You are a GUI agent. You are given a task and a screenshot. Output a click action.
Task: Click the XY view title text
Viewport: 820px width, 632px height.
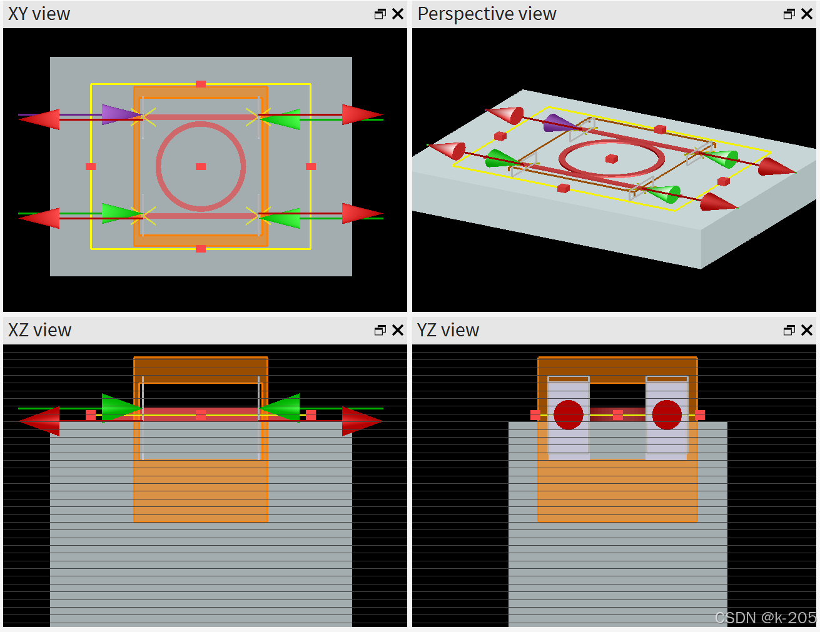pos(39,14)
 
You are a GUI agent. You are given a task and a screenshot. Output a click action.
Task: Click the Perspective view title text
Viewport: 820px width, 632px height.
pos(487,14)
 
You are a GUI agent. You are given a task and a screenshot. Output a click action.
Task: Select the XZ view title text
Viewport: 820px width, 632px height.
pos(39,330)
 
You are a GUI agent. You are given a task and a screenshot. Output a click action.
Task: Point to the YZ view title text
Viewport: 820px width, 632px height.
pos(448,330)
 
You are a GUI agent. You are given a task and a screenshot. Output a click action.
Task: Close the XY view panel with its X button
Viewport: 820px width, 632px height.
pos(398,14)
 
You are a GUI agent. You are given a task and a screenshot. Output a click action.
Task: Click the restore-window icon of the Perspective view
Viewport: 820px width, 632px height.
pos(789,14)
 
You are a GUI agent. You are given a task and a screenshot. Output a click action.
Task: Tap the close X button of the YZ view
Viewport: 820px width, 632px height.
pos(807,330)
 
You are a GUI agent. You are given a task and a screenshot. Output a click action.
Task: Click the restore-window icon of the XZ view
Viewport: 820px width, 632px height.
pos(380,330)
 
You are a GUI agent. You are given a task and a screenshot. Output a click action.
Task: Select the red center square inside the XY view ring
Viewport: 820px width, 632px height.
pos(201,167)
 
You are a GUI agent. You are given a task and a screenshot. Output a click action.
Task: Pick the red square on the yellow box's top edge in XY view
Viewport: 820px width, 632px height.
pos(201,84)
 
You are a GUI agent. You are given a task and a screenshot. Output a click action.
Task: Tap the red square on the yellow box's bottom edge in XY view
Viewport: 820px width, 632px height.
pos(201,249)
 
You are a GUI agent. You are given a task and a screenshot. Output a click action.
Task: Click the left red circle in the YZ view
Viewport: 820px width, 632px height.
pos(569,415)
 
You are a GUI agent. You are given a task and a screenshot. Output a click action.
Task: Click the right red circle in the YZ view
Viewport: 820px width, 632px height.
pos(667,415)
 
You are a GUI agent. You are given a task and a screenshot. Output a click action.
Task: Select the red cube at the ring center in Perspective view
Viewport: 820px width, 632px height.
pos(612,159)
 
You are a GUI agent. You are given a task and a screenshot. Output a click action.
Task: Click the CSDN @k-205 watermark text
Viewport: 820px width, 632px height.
pos(766,618)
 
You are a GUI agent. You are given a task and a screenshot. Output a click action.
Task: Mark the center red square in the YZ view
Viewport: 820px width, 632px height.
pos(618,415)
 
